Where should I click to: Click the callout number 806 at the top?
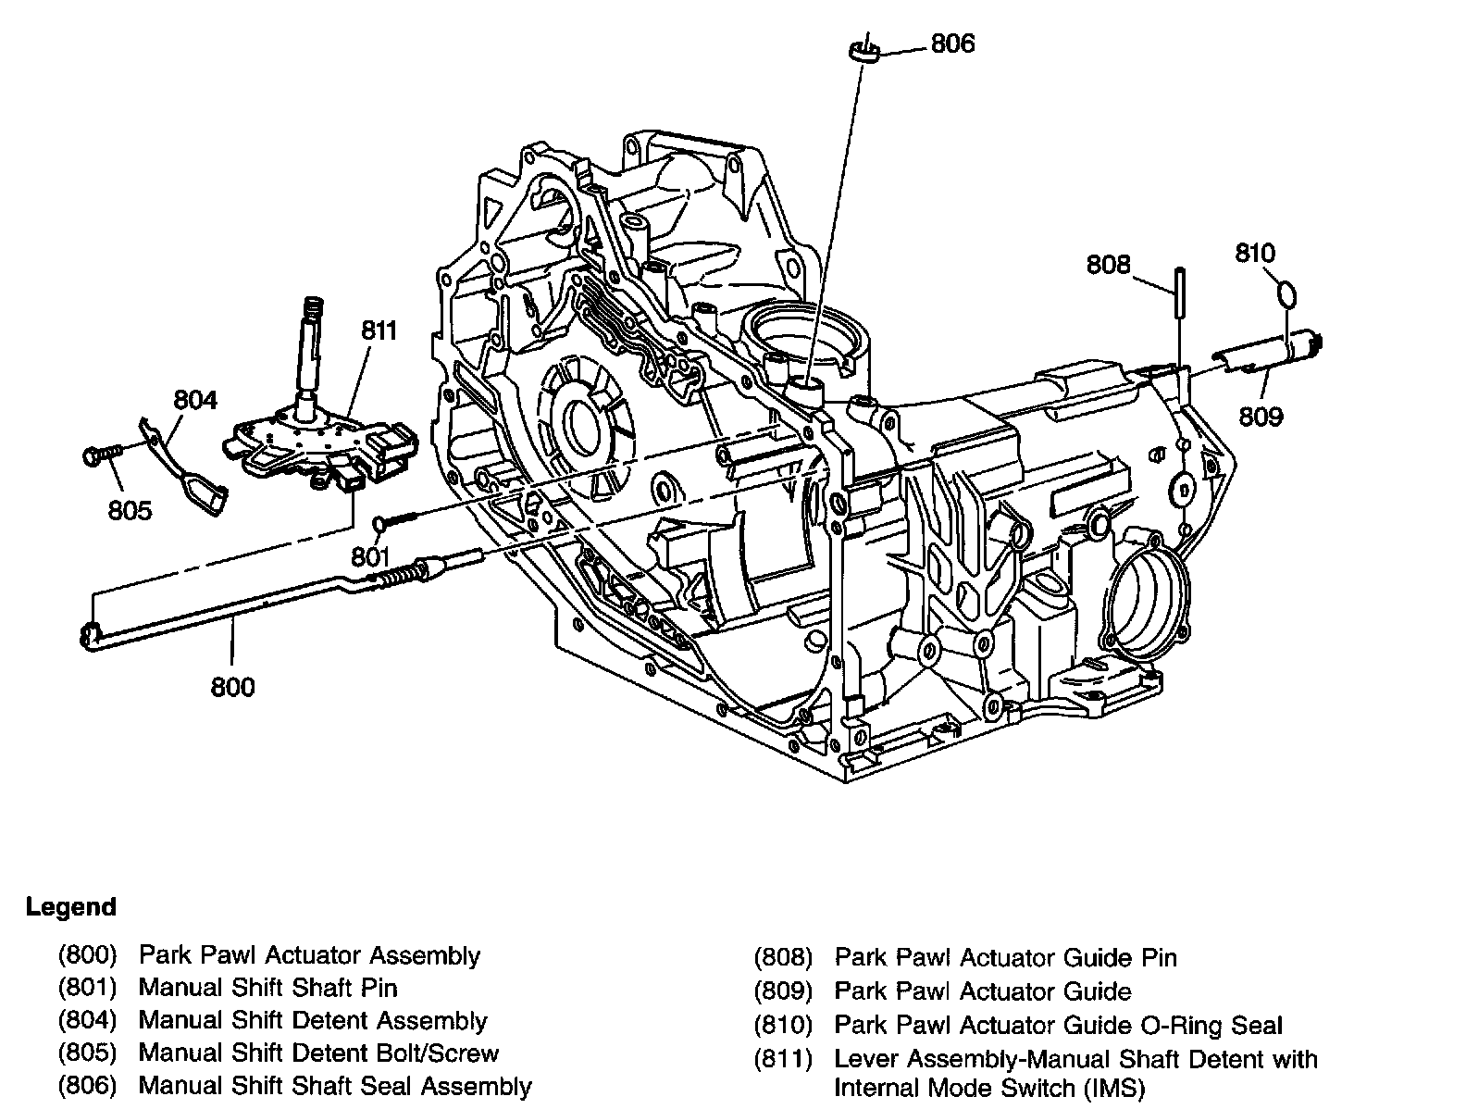[952, 44]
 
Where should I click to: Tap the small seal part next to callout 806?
[863, 51]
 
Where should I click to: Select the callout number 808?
[1108, 265]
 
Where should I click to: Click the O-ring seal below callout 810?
[1287, 294]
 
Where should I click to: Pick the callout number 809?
[1261, 417]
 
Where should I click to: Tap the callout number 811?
[379, 330]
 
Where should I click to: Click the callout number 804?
[195, 400]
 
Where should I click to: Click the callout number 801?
[370, 556]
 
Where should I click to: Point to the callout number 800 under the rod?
[232, 687]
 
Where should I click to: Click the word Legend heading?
[70, 906]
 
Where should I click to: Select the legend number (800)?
[88, 954]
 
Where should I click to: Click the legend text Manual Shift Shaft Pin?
[267, 988]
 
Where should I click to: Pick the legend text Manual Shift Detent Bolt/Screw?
[318, 1053]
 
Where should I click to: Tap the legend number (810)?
[783, 1025]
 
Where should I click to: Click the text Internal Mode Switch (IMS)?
[989, 1089]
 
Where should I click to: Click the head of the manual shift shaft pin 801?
[380, 522]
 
